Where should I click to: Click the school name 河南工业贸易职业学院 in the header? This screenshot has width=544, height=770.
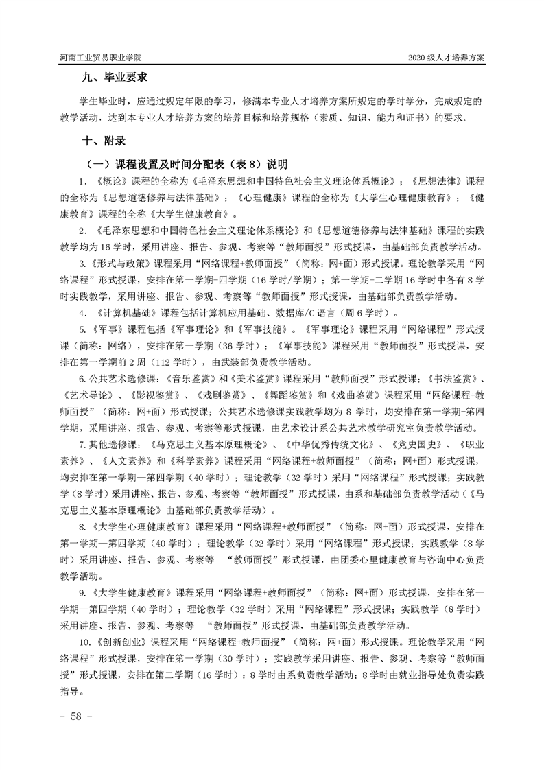[x=103, y=58]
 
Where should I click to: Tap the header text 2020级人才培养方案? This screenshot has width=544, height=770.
[x=446, y=58]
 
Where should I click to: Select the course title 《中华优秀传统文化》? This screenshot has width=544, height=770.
[x=328, y=445]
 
